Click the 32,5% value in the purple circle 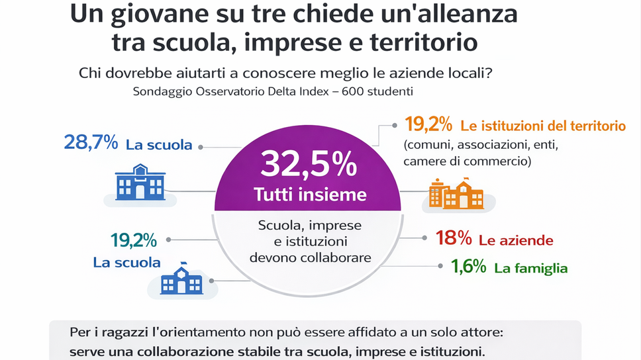(309, 165)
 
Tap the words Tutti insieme (310, 194)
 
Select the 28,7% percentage (90, 142)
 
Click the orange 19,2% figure (428, 124)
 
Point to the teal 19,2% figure (134, 240)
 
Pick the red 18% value (454, 239)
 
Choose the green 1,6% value (469, 267)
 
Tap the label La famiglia (531, 268)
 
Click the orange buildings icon (456, 194)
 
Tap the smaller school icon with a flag (181, 281)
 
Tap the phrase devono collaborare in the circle (310, 257)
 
